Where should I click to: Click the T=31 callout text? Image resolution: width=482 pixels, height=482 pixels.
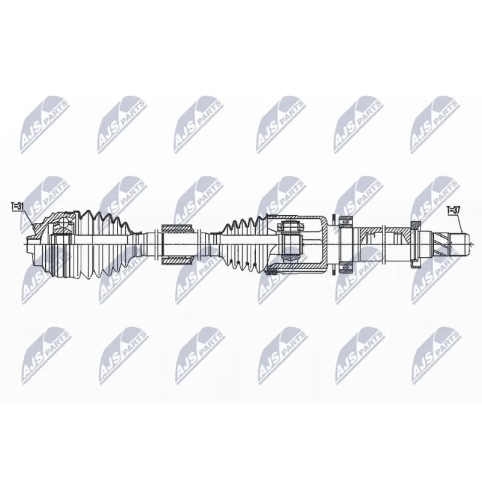[17, 206]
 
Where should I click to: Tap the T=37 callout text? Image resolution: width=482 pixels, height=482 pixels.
[454, 210]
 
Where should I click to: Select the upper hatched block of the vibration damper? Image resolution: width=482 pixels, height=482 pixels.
[177, 229]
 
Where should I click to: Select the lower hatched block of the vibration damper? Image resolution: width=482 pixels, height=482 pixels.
[177, 260]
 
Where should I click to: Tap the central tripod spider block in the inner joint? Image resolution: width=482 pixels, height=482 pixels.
[291, 245]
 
